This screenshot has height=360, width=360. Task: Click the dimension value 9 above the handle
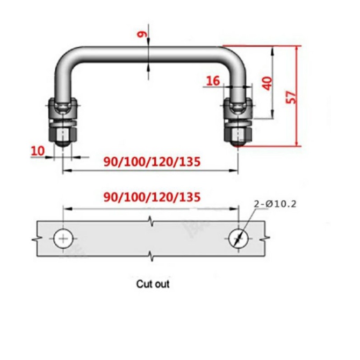coord(142,35)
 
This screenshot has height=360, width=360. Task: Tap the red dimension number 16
coord(213,81)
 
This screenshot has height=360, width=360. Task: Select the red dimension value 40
coord(268,83)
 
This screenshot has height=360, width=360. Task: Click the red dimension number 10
coord(37,151)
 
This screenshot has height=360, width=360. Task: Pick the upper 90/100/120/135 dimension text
coord(152,161)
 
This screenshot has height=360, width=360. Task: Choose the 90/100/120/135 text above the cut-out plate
coord(152,197)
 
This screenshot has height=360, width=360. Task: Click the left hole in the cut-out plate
coord(64,238)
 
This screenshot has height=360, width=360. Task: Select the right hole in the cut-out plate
coord(238,238)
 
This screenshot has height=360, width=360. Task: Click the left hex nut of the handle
coord(63,132)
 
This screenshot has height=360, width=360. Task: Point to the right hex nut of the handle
coord(238,132)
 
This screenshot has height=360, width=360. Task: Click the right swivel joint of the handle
coord(237,109)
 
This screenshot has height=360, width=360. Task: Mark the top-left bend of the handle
coord(70,55)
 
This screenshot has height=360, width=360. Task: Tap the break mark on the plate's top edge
coord(150,220)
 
